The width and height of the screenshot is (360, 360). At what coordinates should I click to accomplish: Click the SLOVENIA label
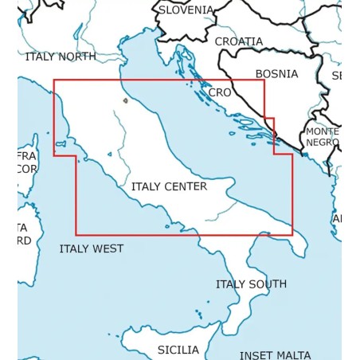pos(186,10)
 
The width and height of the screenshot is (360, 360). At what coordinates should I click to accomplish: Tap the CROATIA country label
pos(238,41)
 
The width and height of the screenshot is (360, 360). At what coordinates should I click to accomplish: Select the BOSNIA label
pos(276,74)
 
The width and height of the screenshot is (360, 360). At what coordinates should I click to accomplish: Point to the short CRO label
pos(219,92)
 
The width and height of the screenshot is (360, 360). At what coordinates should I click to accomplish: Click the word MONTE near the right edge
pos(323,131)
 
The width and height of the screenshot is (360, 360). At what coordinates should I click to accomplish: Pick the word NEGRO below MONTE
pos(323,143)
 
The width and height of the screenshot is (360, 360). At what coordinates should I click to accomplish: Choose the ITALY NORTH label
pos(61,57)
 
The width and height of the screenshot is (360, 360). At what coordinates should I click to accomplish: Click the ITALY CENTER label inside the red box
pos(169,186)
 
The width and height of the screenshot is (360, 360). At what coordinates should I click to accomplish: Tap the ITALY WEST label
pos(92,248)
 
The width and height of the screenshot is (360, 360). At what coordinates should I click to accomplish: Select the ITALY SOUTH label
pos(251,284)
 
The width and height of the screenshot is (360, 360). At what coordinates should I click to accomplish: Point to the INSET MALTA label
pos(276,355)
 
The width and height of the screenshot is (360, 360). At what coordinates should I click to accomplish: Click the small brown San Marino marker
pos(125,101)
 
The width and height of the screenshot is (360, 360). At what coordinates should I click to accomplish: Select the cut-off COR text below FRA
pos(27,169)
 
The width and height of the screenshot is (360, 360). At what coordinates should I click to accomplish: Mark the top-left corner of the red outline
pos(54,80)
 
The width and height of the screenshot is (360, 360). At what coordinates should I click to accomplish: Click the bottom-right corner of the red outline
pos(292,234)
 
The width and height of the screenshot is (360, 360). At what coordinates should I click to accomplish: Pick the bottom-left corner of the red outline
pos(76,234)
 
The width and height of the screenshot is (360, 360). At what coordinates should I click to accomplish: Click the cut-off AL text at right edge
pos(337,218)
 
